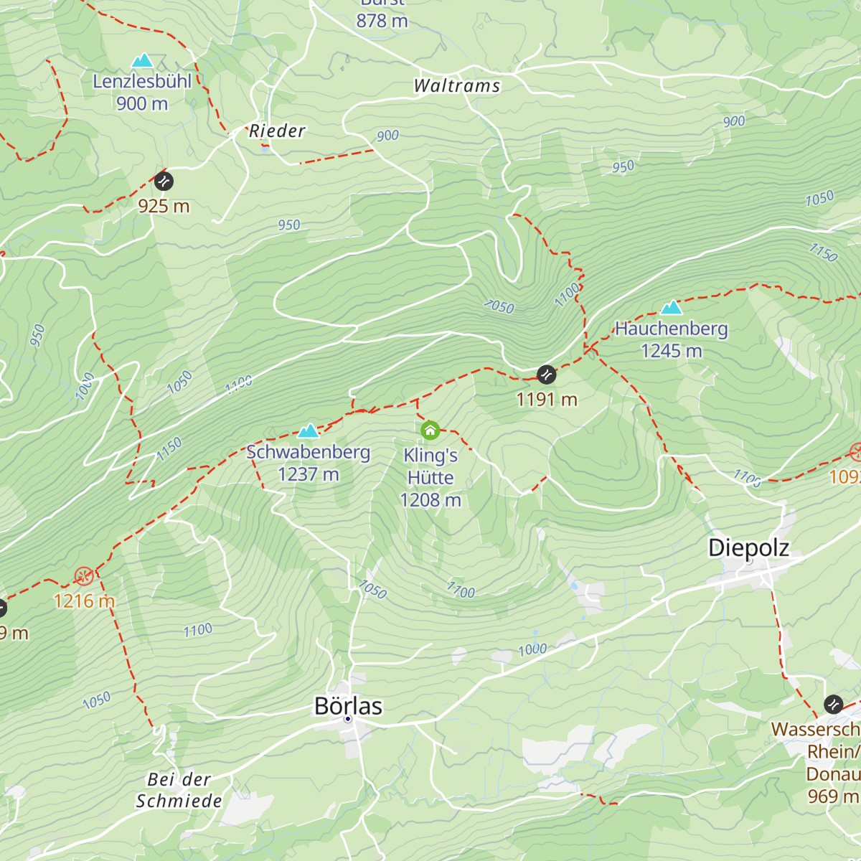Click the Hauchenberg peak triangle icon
pos(672,308)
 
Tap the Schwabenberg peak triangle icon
pos(309,430)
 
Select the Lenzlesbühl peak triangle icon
pos(142,60)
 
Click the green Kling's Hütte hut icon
pos(430,430)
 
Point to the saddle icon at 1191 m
pos(546,374)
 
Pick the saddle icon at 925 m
pos(164,181)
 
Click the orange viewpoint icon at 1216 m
pos(84,576)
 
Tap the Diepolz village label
pos(748,547)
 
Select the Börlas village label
pos(348,706)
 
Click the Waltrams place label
pos(457,86)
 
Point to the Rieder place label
pos(277,131)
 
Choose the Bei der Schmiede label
pos(179,790)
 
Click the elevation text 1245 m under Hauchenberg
pos(672,351)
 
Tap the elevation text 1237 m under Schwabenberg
pos(309,474)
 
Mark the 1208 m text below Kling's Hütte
pos(430,500)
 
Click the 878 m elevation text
pos(382,21)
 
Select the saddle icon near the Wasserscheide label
pos(832,704)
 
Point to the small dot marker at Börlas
pos(348,718)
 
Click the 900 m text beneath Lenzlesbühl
pos(142,104)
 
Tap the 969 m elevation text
pos(832,796)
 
